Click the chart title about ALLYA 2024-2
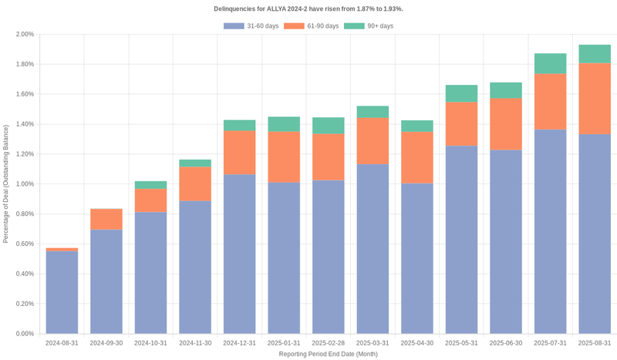point(308,8)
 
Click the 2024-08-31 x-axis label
point(62,342)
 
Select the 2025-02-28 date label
point(328,342)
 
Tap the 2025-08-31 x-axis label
point(595,342)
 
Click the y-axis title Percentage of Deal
point(6,184)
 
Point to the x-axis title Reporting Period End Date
point(328,354)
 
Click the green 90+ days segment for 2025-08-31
point(595,54)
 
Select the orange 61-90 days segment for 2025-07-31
point(550,101)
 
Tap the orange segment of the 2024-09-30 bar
point(106,219)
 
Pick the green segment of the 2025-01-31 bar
point(284,124)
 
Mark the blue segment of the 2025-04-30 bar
point(416,258)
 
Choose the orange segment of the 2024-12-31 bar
point(239,153)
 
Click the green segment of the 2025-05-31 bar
point(461,93)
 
